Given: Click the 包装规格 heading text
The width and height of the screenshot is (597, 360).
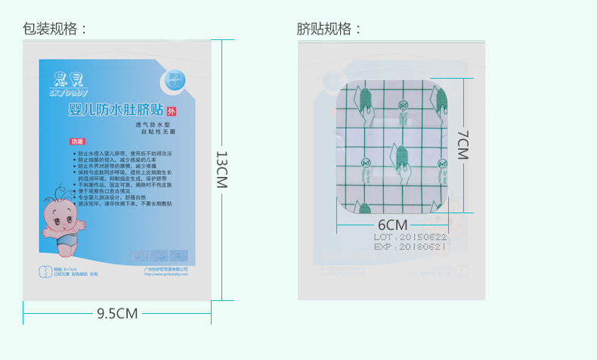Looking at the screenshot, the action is (x=55, y=29).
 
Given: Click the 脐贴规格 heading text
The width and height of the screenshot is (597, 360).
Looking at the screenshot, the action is (x=329, y=29).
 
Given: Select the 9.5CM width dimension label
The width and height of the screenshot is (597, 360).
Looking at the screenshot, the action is (x=117, y=312).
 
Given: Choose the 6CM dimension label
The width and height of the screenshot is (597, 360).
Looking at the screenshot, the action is (x=392, y=225).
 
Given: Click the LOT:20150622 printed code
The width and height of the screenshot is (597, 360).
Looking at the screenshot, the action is (x=410, y=237).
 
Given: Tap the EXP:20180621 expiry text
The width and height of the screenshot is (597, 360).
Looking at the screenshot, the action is (x=410, y=247).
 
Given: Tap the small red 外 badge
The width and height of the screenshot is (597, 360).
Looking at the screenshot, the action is (x=170, y=111).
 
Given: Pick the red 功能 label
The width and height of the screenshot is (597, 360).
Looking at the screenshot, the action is (x=77, y=141).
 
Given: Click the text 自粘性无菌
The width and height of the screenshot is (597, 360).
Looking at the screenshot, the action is (x=157, y=132).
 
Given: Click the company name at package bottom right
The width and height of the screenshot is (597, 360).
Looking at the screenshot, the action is (x=165, y=268).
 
